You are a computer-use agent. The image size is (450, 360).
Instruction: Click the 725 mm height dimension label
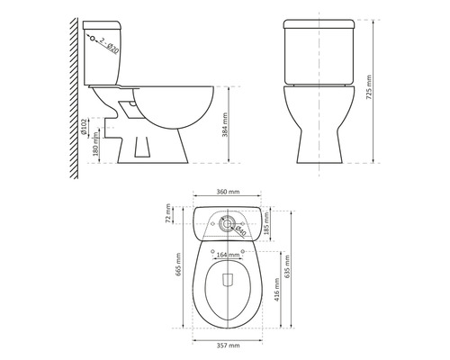tap(369, 87)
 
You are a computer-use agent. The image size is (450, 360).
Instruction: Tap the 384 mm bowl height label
tap(225, 125)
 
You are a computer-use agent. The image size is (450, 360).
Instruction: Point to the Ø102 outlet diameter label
tap(84, 126)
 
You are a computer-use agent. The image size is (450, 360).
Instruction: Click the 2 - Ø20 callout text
tap(109, 45)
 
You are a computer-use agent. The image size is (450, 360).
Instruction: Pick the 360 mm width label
tap(228, 192)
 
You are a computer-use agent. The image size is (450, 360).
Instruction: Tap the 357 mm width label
tap(228, 346)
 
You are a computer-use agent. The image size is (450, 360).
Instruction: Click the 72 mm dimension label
tap(168, 213)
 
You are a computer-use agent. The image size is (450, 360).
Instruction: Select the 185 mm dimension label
tap(265, 223)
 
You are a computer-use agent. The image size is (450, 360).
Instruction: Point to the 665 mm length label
tap(178, 265)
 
